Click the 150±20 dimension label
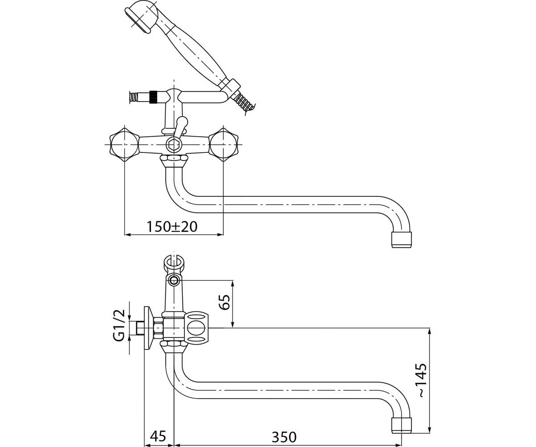172,227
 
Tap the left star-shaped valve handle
124,144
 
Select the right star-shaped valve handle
223,144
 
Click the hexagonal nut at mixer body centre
174,145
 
